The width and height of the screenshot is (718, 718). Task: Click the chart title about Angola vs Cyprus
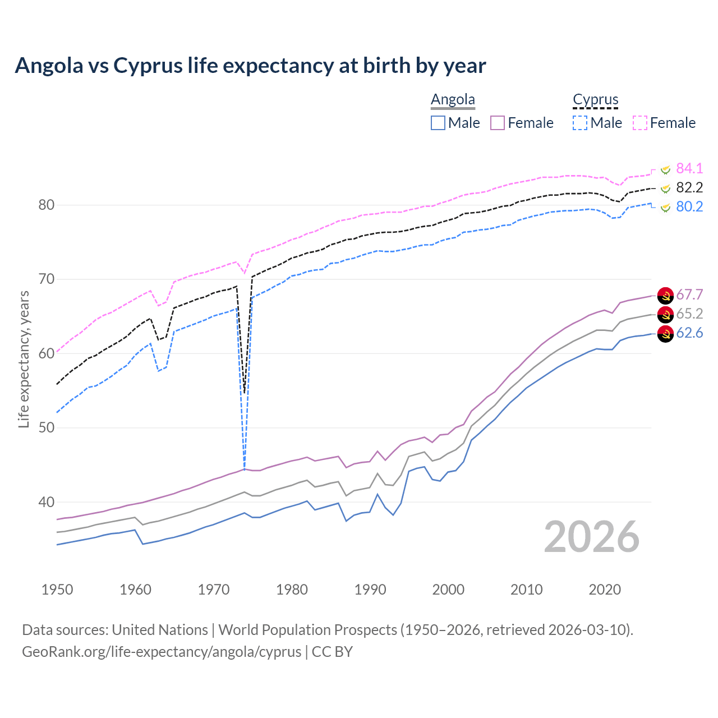[x=250, y=66]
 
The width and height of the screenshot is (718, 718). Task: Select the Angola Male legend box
[x=438, y=123]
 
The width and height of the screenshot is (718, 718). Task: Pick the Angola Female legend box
[x=498, y=123]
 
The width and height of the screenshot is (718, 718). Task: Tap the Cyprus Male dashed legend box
[x=580, y=123]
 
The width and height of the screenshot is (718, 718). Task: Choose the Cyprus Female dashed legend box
[x=640, y=123]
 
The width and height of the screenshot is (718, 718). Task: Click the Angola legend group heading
[x=453, y=99]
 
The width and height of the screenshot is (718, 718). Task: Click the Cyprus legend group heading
[x=595, y=99]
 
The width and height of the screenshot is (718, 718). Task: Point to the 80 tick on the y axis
[x=47, y=205]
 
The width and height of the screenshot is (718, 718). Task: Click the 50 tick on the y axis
[x=47, y=428]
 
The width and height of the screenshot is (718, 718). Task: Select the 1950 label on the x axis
[x=57, y=590]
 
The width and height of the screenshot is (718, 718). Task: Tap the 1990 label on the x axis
[x=370, y=590]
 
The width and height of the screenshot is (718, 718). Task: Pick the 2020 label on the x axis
[x=605, y=590]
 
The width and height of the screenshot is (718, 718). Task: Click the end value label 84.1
[x=689, y=169]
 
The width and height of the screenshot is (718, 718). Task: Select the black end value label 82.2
[x=689, y=188]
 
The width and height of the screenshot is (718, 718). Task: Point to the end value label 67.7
[x=689, y=295]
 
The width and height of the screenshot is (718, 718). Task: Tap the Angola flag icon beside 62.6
[x=665, y=334]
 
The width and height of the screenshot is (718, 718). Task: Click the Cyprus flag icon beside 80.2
[x=665, y=208]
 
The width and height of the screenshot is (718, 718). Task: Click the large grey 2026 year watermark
[x=592, y=537]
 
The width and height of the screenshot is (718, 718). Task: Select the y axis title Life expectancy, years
[x=24, y=359]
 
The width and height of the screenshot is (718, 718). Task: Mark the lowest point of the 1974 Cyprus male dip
[x=244, y=469]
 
